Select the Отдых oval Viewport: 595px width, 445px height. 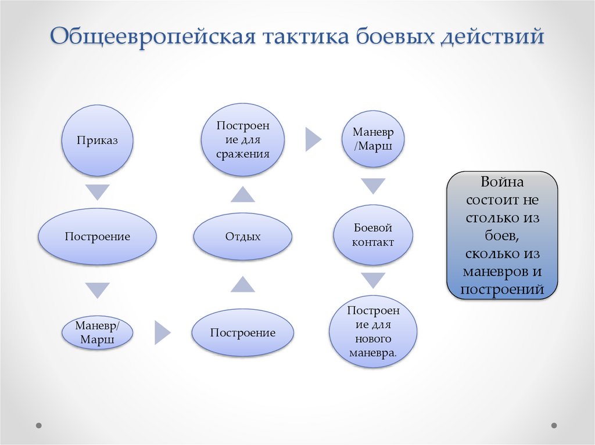(242, 236)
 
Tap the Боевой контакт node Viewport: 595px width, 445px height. (372, 235)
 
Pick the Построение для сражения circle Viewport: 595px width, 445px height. (242, 140)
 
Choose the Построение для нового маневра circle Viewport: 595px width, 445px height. (372, 331)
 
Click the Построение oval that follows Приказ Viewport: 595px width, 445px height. (97, 236)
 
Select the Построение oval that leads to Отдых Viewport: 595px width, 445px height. (242, 333)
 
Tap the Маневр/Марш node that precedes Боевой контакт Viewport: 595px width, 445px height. (372, 139)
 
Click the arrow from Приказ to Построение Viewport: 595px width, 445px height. (97, 190)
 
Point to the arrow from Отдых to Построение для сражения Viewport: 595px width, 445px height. (242, 194)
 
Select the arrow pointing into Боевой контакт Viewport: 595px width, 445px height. (372, 186)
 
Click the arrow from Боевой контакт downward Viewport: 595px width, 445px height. (372, 281)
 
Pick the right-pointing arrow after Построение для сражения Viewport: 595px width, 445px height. (313, 140)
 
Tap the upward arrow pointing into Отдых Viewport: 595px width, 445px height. (242, 284)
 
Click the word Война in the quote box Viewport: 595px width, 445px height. (501, 182)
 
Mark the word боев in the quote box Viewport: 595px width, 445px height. (501, 237)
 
